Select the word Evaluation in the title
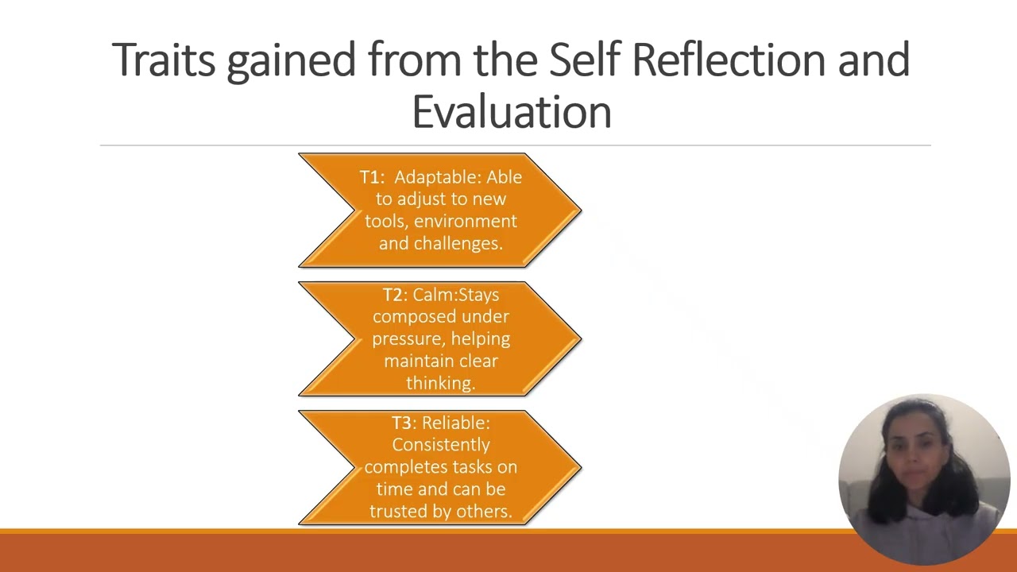[x=512, y=111]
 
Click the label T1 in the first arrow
[x=371, y=177]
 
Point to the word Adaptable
[x=438, y=177]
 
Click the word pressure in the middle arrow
[x=406, y=339]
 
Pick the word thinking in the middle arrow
[x=440, y=383]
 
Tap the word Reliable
[x=456, y=423]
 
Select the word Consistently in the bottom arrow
[x=440, y=445]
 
